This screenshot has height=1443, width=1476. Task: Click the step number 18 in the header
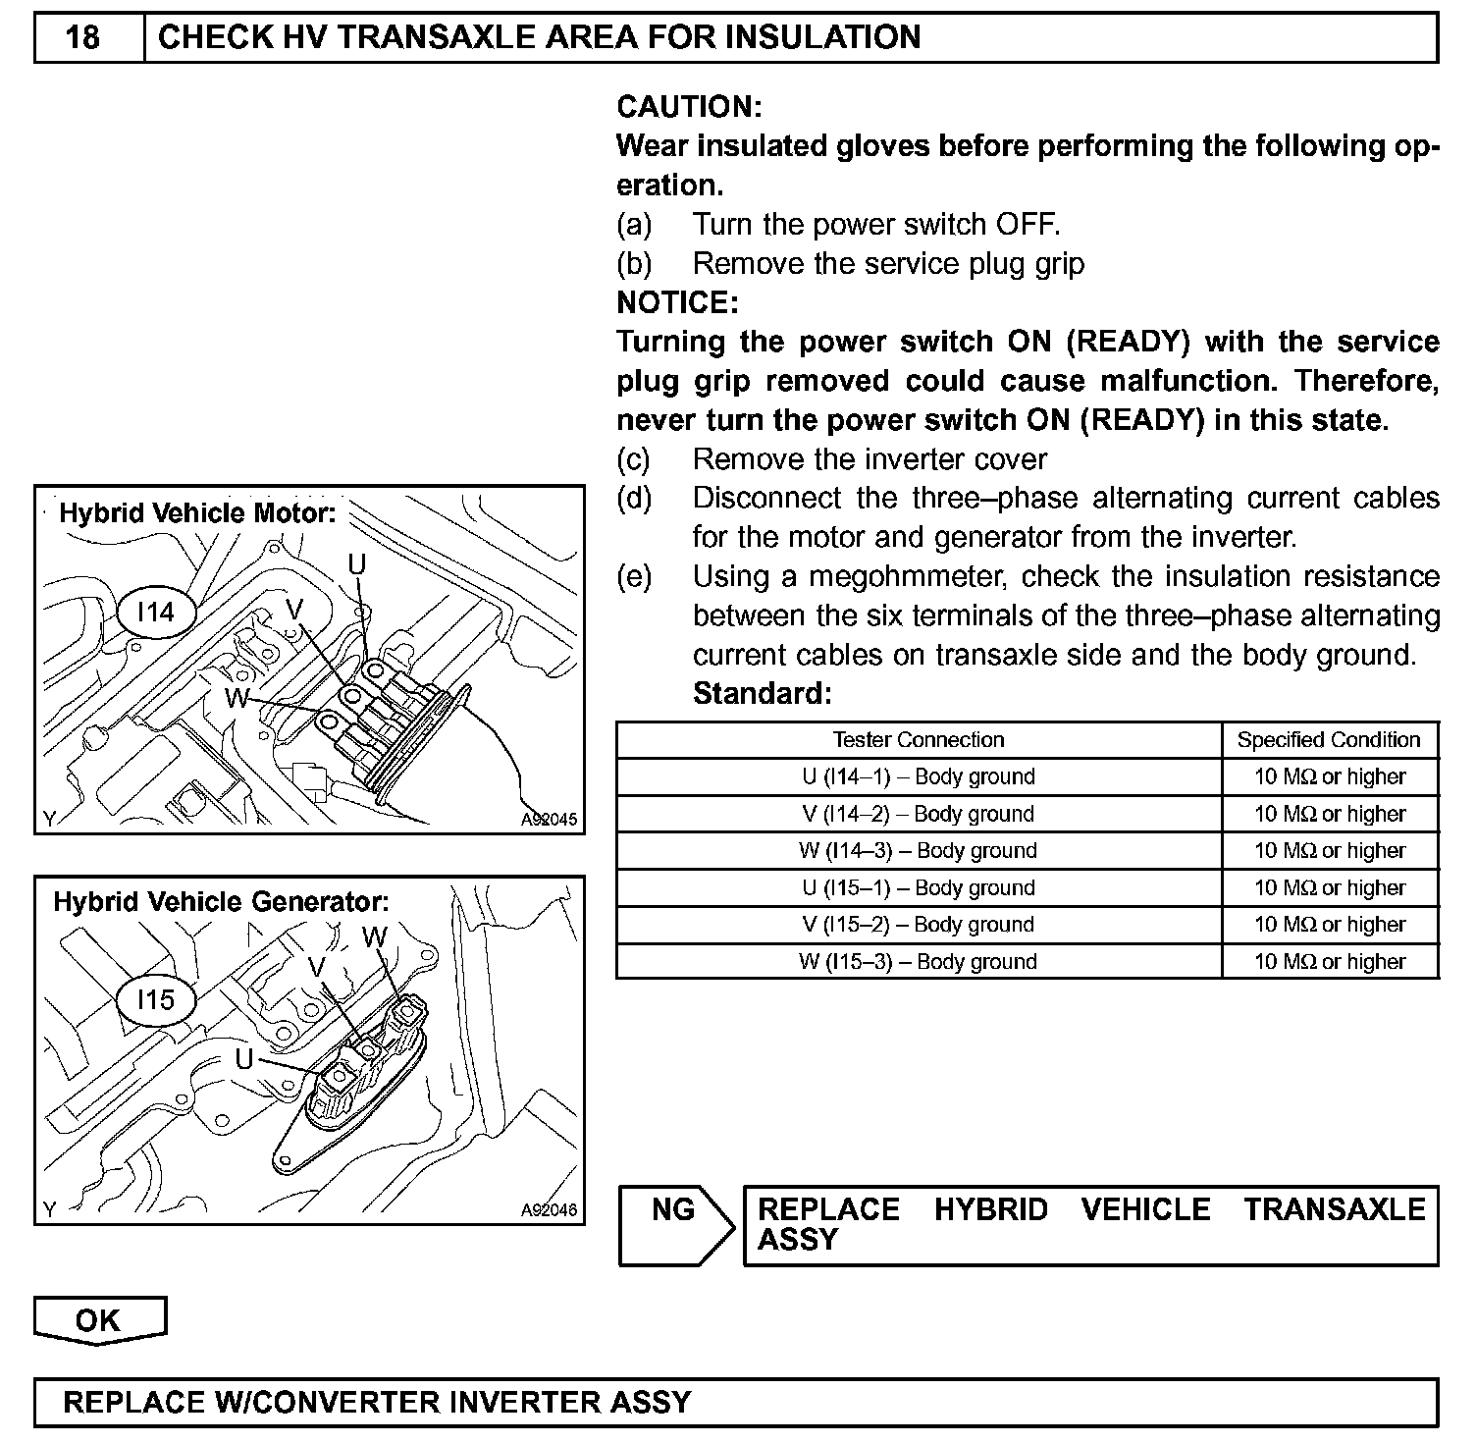pyautogui.click(x=83, y=37)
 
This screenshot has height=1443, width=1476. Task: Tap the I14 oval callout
pyautogui.click(x=155, y=613)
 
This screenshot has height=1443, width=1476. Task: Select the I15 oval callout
pyautogui.click(x=155, y=999)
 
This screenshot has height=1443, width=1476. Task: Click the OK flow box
pyautogui.click(x=98, y=1320)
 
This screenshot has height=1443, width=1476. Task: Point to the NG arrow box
pyautogui.click(x=674, y=1223)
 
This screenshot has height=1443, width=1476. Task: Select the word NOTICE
pyautogui.click(x=677, y=302)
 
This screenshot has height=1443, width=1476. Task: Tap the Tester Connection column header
pyautogui.click(x=919, y=740)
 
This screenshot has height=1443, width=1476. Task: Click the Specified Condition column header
pyautogui.click(x=1329, y=740)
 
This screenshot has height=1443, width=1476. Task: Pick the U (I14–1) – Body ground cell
pyautogui.click(x=919, y=776)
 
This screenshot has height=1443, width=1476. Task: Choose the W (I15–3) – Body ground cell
pyautogui.click(x=919, y=961)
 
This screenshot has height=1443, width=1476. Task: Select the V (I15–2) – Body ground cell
pyautogui.click(x=919, y=925)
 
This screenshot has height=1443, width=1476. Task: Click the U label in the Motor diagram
pyautogui.click(x=357, y=563)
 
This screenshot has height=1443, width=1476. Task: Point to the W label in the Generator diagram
pyautogui.click(x=375, y=937)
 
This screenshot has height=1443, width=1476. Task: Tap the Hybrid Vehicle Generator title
pyautogui.click(x=221, y=901)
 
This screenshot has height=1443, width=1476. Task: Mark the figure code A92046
pyautogui.click(x=550, y=1210)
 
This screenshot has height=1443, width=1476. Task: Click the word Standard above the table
pyautogui.click(x=762, y=694)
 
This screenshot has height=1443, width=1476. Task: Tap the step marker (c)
pyautogui.click(x=634, y=459)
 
